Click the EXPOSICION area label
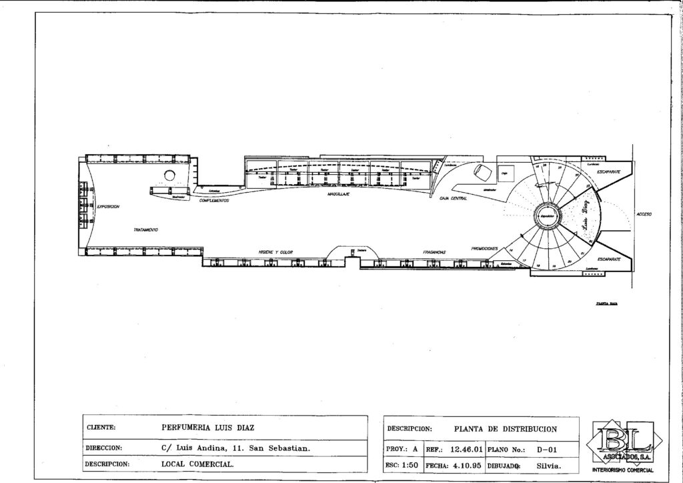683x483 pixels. (x=108, y=207)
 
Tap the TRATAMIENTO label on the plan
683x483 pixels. (x=145, y=229)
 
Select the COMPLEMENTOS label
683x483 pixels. (x=215, y=200)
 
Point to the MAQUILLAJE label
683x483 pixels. (x=339, y=195)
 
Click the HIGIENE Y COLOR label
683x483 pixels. (x=276, y=252)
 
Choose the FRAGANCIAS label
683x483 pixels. (x=434, y=252)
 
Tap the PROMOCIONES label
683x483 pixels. (x=485, y=248)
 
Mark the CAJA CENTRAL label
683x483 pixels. (x=454, y=198)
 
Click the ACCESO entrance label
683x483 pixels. (x=644, y=214)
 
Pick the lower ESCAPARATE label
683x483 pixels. (x=610, y=258)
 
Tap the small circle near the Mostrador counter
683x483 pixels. (x=169, y=175)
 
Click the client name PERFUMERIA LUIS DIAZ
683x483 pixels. (x=209, y=428)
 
